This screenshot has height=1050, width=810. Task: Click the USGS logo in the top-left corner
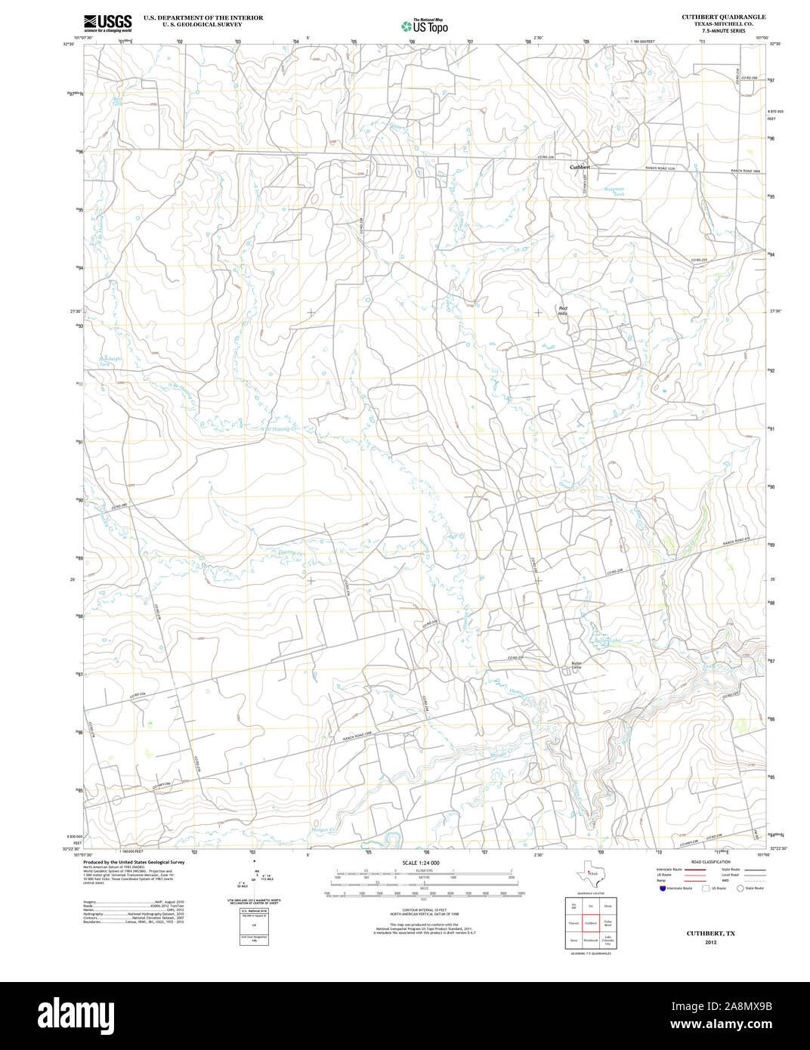tap(107, 23)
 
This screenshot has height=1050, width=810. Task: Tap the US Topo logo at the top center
tap(424, 26)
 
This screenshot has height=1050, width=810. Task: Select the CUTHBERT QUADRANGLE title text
tap(723, 17)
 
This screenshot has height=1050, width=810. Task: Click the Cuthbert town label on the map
tap(580, 166)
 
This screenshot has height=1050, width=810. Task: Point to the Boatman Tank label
tap(614, 192)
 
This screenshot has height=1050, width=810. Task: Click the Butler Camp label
tap(577, 666)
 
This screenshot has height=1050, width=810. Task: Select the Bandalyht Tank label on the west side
tap(110, 362)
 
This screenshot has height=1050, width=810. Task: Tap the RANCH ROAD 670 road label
tap(739, 540)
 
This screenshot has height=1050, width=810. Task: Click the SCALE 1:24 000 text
tap(421, 863)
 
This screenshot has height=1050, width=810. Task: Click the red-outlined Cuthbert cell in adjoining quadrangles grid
tap(591, 923)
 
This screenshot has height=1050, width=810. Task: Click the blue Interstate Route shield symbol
tap(663, 888)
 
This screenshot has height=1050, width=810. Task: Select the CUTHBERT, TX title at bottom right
tap(710, 934)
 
